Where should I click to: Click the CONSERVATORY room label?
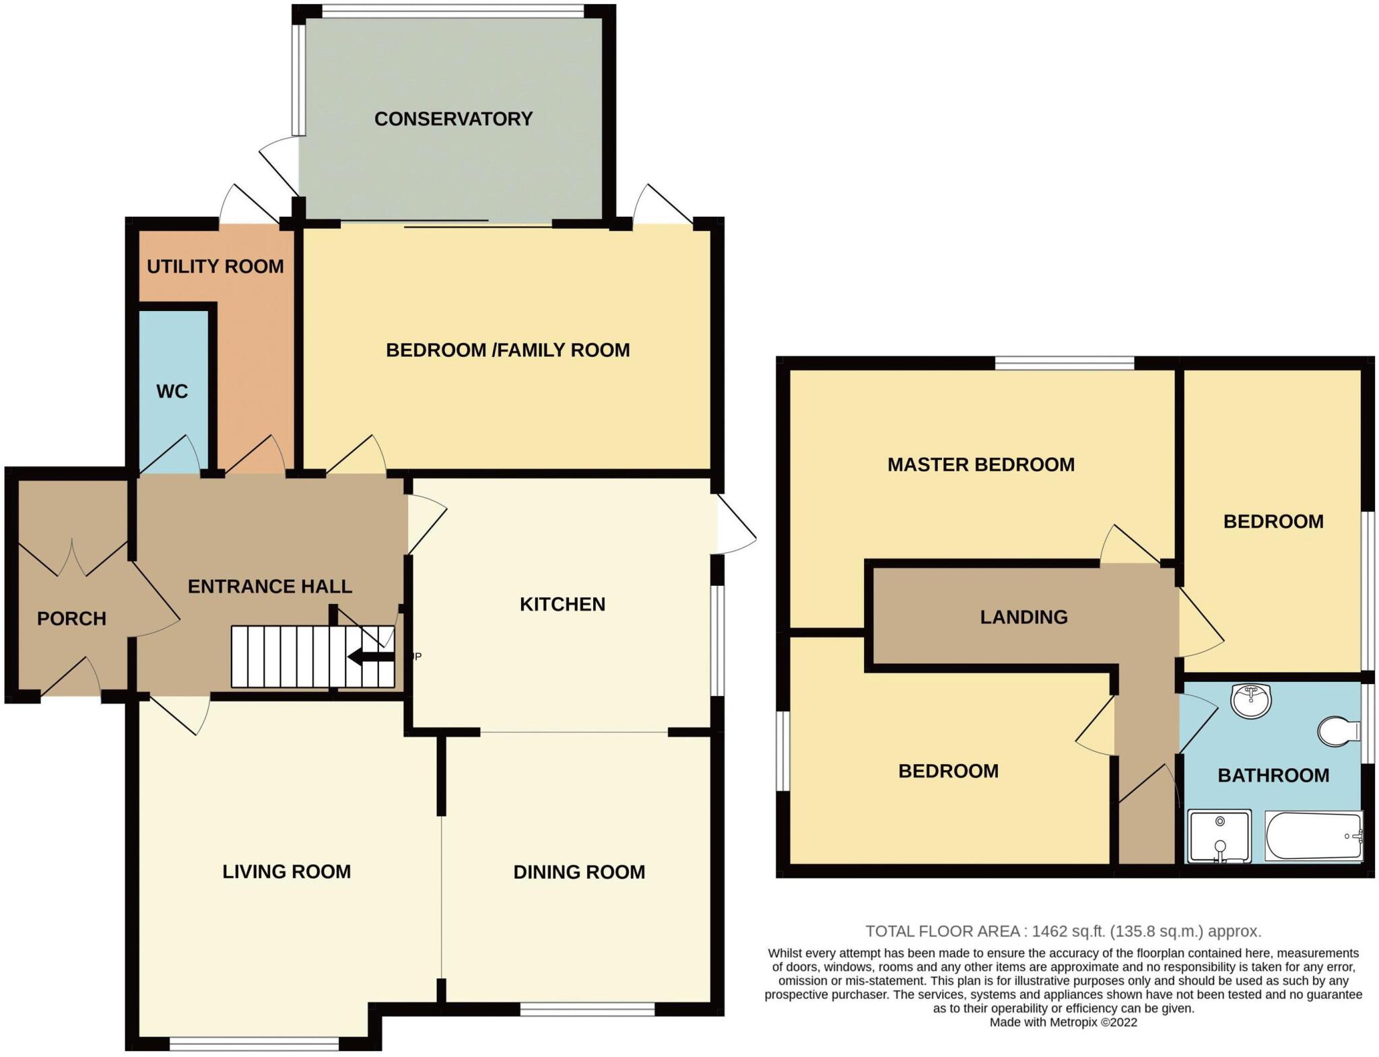click(x=453, y=119)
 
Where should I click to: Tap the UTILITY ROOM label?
click(x=215, y=267)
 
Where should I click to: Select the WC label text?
click(x=172, y=391)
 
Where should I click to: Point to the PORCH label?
click(x=71, y=619)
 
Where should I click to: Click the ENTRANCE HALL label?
click(x=270, y=586)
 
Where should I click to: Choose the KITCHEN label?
click(x=562, y=605)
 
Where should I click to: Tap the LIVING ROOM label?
click(x=287, y=872)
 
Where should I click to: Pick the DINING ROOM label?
click(x=579, y=873)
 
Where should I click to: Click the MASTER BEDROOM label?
click(x=981, y=465)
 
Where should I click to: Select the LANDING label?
click(x=1023, y=617)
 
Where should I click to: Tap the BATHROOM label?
click(x=1273, y=776)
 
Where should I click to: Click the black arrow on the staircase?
click(x=370, y=656)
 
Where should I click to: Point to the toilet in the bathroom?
click(x=1339, y=732)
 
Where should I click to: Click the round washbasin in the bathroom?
click(x=1250, y=701)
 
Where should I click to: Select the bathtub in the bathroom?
click(x=1314, y=836)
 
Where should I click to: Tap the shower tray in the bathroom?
click(x=1219, y=836)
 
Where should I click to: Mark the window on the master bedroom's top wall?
click(x=1065, y=364)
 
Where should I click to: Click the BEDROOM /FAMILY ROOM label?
click(x=508, y=350)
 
